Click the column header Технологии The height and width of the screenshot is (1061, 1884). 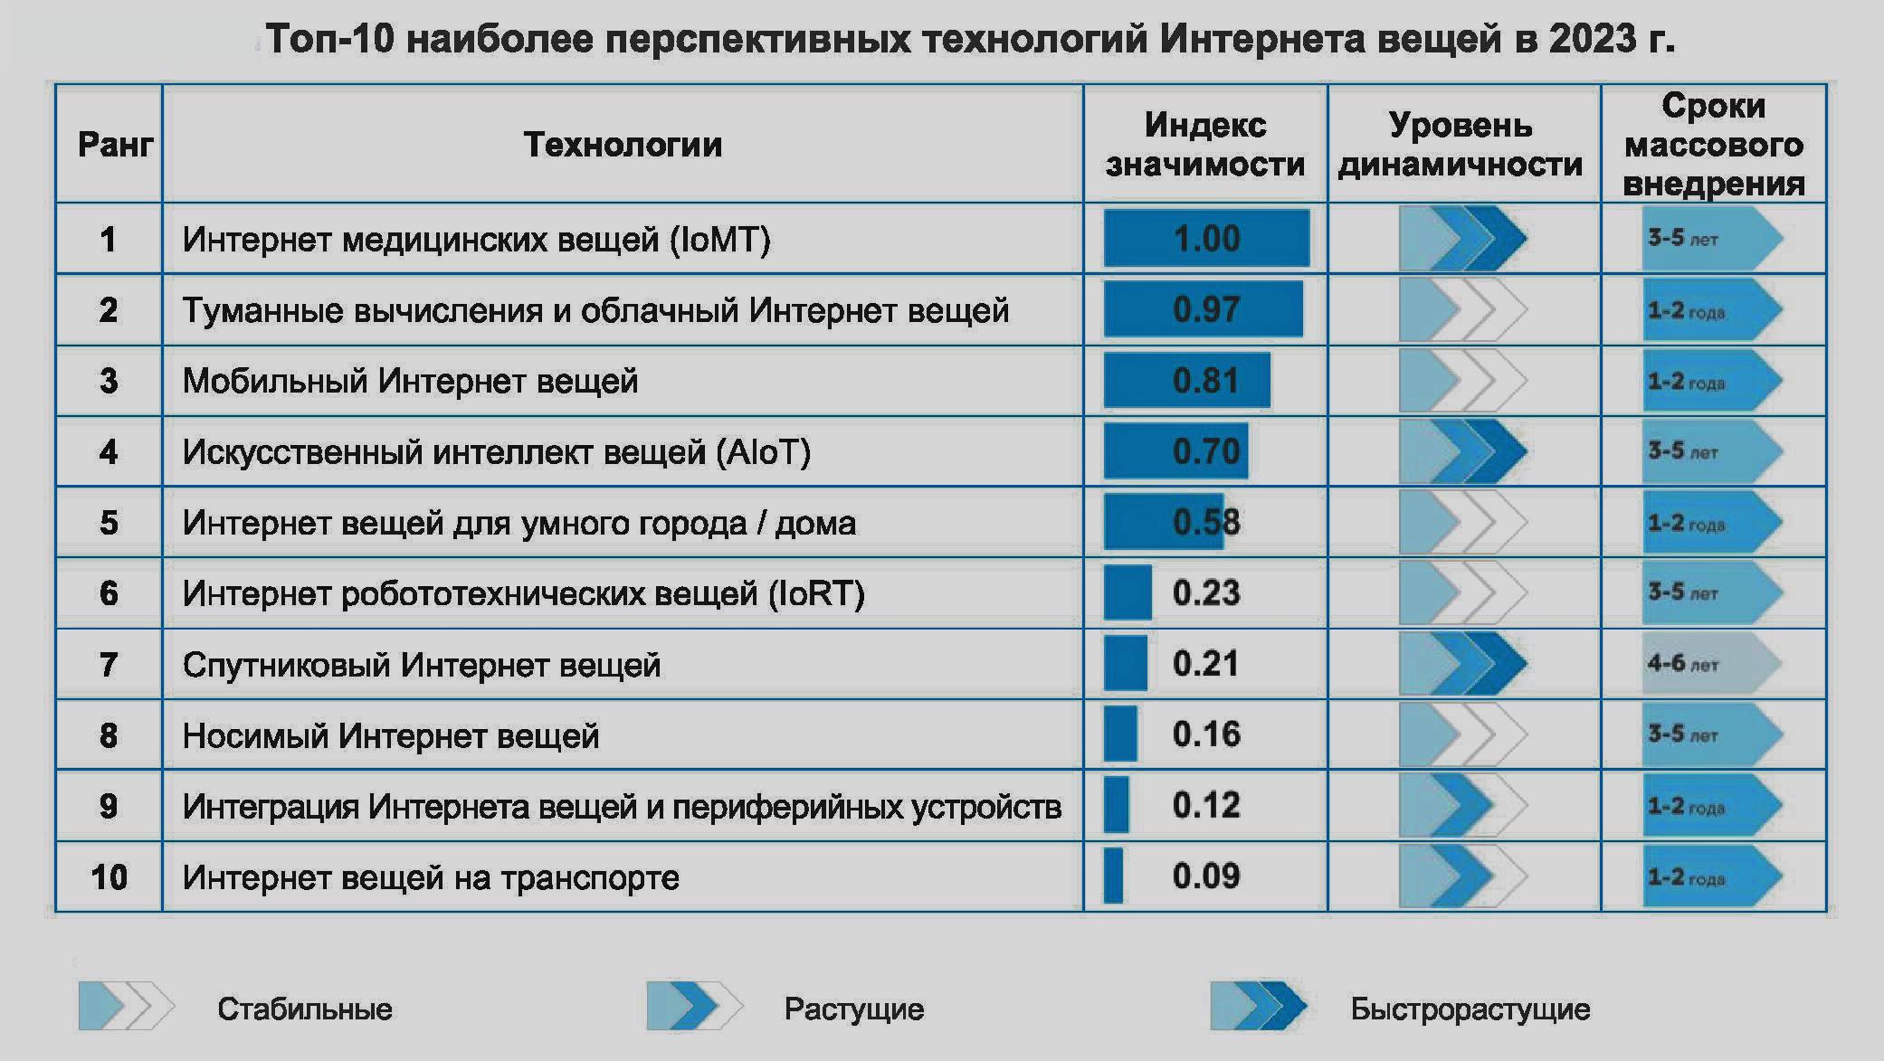coord(623,145)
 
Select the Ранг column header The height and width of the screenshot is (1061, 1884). coord(114,145)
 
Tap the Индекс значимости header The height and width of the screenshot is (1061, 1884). coord(1204,145)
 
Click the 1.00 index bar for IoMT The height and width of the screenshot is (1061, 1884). coord(1206,239)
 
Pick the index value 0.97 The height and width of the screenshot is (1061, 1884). coord(1205,310)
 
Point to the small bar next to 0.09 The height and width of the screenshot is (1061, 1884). coord(1113,876)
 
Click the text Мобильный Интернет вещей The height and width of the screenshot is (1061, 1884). coord(410,381)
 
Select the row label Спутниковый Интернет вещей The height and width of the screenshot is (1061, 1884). coord(421,665)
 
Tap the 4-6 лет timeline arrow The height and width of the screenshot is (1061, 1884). coord(1711,664)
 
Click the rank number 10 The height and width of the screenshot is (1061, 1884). coord(109,877)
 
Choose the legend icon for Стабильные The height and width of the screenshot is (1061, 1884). coord(126,1006)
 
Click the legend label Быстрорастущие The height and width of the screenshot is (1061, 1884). coord(1470,1009)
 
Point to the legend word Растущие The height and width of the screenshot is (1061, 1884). coord(853,1009)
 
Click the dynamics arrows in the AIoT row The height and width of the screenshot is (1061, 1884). coord(1462,451)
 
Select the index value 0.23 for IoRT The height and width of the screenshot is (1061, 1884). coord(1205,593)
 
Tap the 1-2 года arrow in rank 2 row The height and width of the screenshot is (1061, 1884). coord(1711,310)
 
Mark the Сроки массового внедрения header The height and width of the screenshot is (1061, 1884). coord(1713,145)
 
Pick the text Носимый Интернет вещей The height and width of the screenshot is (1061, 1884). coord(391,736)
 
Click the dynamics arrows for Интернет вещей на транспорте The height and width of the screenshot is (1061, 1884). coord(1462,876)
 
